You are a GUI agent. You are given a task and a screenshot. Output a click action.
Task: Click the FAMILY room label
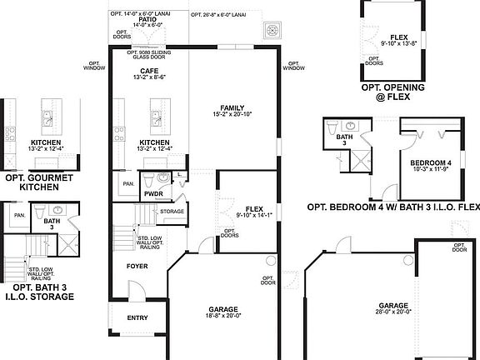tap(232, 107)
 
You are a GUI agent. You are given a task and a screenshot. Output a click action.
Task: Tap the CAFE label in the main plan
tap(149, 72)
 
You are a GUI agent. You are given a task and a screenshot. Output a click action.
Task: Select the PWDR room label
tap(152, 193)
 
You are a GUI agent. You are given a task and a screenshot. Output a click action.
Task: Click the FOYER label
tap(137, 267)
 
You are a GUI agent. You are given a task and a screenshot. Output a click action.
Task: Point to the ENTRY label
tap(137, 317)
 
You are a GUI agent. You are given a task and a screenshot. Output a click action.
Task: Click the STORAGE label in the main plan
tap(172, 212)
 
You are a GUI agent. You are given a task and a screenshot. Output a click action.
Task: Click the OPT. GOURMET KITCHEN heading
tap(39, 182)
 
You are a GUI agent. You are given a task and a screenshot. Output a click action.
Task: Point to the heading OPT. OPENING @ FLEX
tap(393, 92)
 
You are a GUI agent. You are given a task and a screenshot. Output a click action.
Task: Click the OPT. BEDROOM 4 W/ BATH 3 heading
tap(393, 207)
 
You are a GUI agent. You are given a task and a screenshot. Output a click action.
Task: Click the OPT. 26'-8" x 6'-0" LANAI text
tap(218, 15)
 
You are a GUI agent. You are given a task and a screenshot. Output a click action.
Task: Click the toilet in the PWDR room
tap(151, 178)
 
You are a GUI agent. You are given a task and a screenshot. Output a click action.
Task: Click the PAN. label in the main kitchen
tap(128, 184)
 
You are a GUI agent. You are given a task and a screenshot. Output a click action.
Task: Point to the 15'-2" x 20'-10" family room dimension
tap(232, 114)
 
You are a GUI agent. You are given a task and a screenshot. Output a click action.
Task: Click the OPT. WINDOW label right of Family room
tap(293, 65)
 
